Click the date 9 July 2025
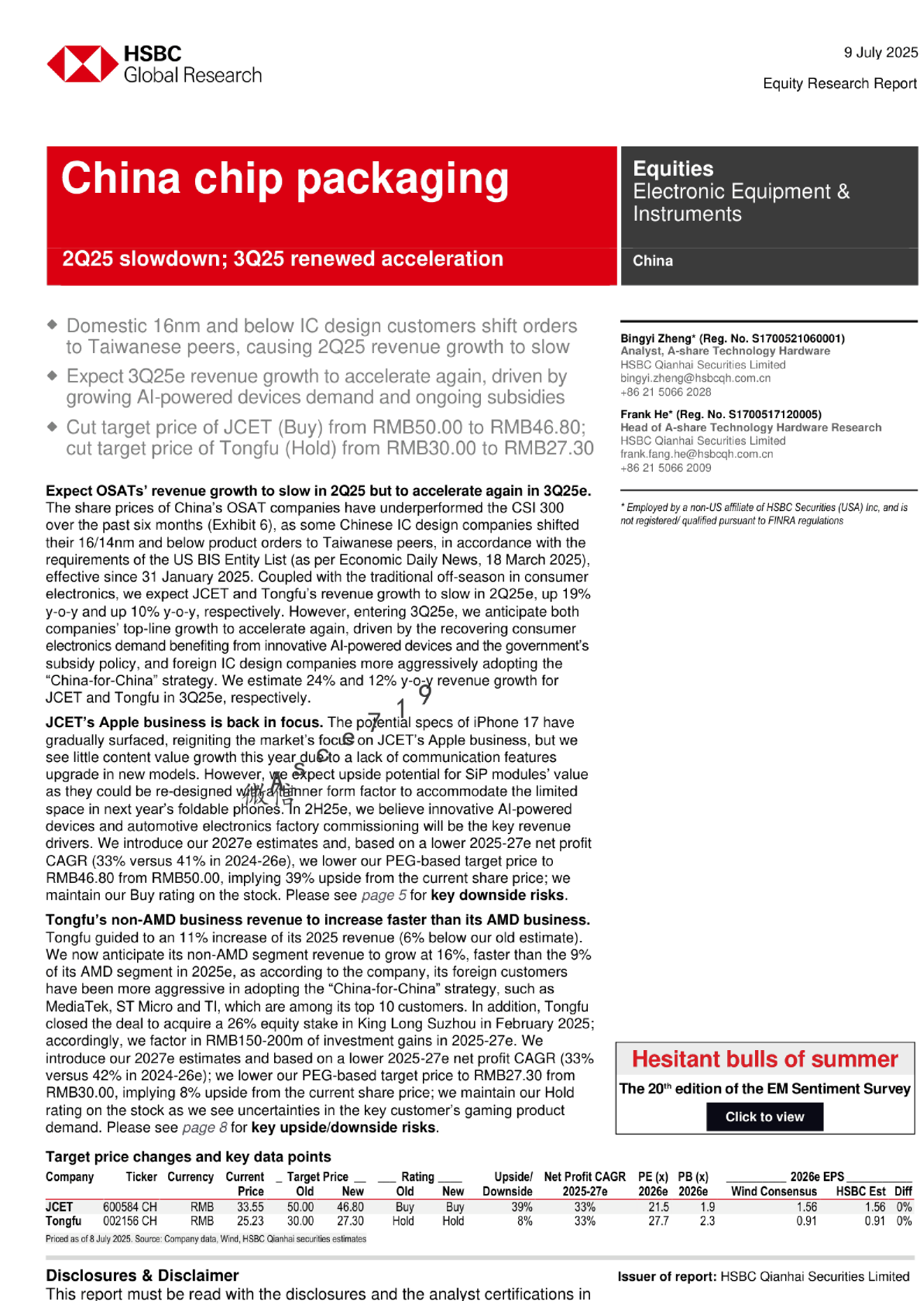tap(881, 53)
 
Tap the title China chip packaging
tap(285, 179)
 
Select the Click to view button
tap(764, 1117)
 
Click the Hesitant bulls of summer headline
tap(764, 1059)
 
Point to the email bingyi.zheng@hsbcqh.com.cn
tap(695, 378)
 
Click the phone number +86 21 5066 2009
tap(665, 468)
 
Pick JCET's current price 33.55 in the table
tap(250, 1207)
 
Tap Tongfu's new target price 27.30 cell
tap(350, 1220)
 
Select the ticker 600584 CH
tap(130, 1207)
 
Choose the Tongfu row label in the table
tap(64, 1220)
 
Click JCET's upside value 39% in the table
tap(522, 1207)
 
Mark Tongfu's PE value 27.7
tap(658, 1220)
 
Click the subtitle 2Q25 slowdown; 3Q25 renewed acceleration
tap(283, 259)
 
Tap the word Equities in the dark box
tap(673, 169)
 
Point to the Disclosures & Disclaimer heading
tap(142, 1275)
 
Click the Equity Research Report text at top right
tap(839, 84)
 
